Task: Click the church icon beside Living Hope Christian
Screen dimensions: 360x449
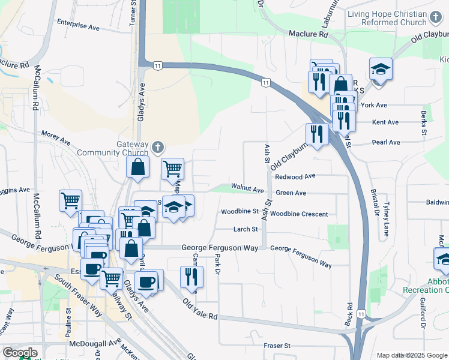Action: (436, 19)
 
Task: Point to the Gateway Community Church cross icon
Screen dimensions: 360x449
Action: (158, 147)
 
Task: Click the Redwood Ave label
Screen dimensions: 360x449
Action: (295, 177)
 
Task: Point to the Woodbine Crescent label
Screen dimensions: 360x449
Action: (299, 214)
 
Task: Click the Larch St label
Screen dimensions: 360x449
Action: (246, 229)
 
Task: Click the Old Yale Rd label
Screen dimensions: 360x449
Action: (200, 311)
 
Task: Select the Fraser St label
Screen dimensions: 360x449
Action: (277, 346)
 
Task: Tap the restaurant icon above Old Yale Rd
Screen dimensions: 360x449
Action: (191, 277)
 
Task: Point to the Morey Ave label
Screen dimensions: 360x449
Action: (56, 137)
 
